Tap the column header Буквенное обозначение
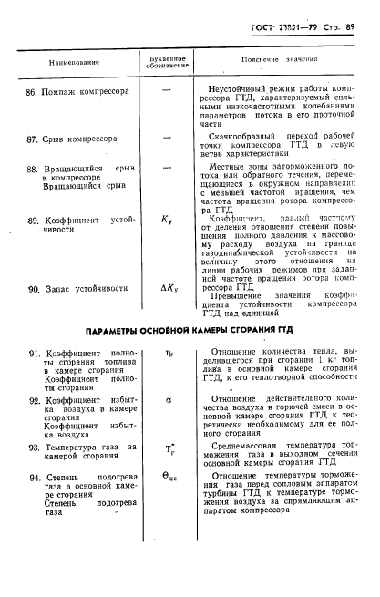[168, 61]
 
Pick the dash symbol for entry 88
[167, 169]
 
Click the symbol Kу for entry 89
[167, 221]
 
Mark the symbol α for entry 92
[167, 398]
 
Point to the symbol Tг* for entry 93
[168, 448]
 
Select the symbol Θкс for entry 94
[169, 478]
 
